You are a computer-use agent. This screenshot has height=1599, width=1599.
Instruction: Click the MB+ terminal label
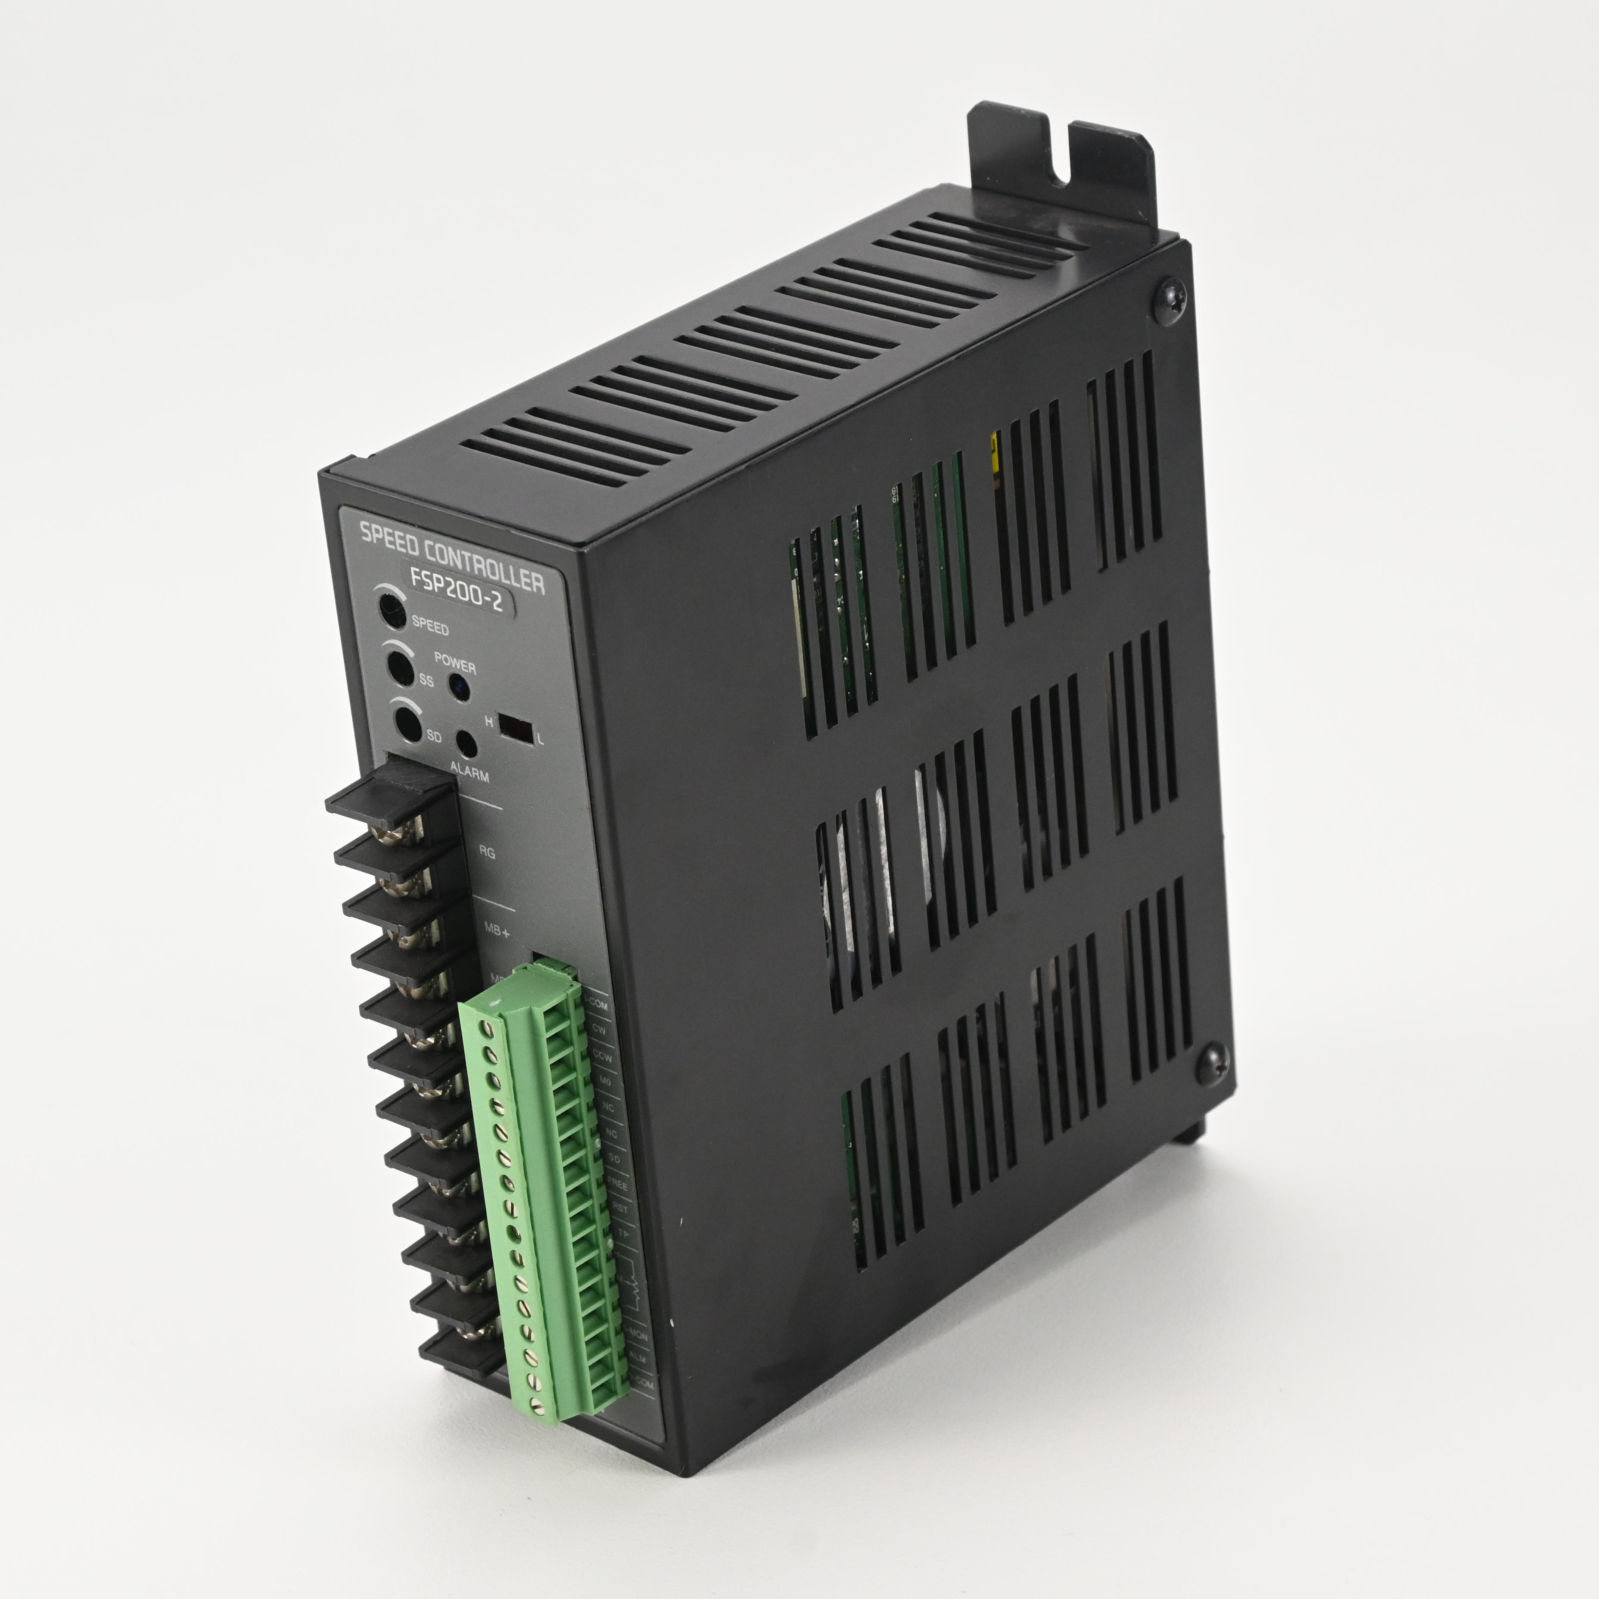tap(497, 930)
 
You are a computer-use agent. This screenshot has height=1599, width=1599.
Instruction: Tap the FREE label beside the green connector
tap(617, 1185)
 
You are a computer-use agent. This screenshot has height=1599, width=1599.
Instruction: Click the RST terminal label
tap(620, 1209)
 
